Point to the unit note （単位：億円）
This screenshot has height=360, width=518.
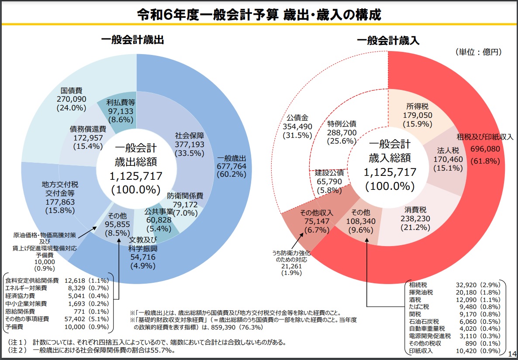click(478, 52)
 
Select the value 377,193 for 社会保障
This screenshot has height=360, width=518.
click(190, 144)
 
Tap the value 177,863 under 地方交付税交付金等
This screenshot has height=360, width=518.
click(60, 202)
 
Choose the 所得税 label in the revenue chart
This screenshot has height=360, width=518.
click(415, 106)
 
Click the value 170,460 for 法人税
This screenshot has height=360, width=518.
click(448, 159)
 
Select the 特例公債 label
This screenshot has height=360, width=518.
click(342, 123)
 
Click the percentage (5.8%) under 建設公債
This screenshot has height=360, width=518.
click(329, 190)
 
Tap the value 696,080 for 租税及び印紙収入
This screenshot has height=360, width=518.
click(485, 149)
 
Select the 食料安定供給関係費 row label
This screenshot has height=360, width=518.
click(26, 280)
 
